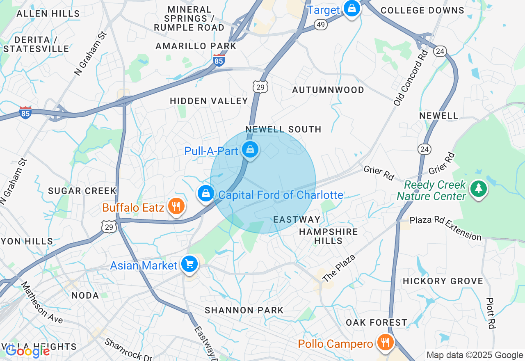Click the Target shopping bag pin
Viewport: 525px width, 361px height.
click(352, 8)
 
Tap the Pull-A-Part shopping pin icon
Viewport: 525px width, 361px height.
click(250, 150)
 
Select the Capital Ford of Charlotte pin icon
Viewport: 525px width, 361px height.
click(205, 193)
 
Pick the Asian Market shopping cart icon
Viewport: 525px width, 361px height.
click(189, 265)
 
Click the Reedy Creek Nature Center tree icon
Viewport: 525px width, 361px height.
click(478, 189)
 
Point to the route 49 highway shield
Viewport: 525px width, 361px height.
click(321, 25)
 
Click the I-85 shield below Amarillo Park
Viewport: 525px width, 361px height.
click(219, 61)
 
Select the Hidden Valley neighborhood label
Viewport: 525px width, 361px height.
click(209, 101)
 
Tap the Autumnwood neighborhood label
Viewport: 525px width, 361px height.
click(328, 90)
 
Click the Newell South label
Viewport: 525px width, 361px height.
click(283, 129)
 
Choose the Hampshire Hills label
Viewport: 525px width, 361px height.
click(328, 236)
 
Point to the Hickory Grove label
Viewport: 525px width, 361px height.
click(443, 281)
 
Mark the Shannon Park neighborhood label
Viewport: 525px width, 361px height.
click(244, 310)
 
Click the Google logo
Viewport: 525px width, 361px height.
click(27, 351)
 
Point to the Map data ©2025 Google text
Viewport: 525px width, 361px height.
click(475, 355)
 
